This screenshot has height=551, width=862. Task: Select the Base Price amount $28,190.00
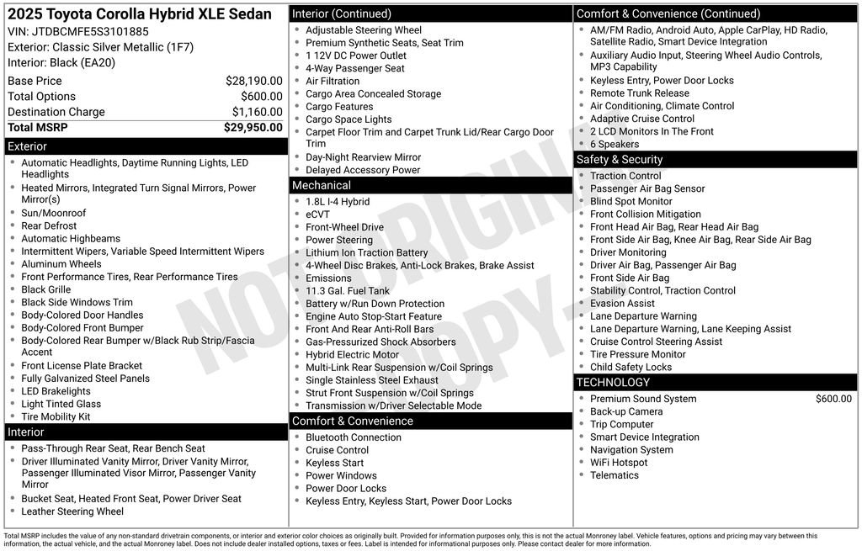pos(253,81)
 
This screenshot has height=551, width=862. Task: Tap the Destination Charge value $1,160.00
pos(257,112)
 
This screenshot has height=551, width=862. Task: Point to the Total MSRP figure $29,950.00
pos(253,128)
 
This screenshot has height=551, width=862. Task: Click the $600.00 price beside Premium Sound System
pos(833,399)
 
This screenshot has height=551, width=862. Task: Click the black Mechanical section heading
pos(322,185)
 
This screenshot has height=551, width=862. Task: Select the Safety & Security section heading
pos(620,160)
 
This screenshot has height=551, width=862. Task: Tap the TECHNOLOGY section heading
pos(613,383)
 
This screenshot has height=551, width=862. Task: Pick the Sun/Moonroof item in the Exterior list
pos(53,213)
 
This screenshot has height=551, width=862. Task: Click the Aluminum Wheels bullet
pos(61,264)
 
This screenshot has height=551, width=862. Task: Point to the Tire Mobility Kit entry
pos(56,416)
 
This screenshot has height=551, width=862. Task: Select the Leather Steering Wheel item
pos(72,511)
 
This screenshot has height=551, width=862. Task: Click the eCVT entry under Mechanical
pos(317,215)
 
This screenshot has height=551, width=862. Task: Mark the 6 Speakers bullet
pos(615,144)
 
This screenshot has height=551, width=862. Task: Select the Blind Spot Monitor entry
pos(631,202)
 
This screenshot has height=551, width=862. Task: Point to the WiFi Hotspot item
pos(619,463)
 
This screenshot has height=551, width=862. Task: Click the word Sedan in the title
pos(251,13)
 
